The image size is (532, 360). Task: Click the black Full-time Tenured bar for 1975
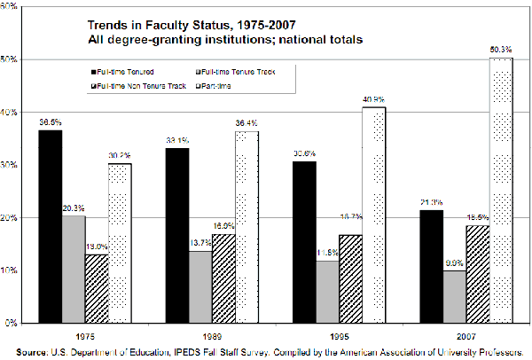click(x=50, y=226)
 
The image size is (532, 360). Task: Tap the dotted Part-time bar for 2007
click(x=500, y=190)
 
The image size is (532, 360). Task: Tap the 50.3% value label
click(x=500, y=50)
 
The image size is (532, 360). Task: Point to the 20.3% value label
click(x=74, y=207)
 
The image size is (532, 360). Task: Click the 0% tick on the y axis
click(x=13, y=323)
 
